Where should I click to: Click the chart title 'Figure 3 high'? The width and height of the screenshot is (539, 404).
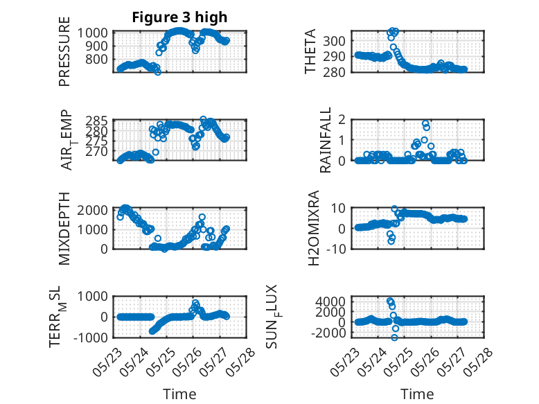pos(179,17)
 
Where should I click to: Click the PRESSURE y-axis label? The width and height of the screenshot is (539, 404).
pos(64,51)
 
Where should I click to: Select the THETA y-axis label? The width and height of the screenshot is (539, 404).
pos(310,51)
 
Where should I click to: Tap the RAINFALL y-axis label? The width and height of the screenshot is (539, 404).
pos(325,140)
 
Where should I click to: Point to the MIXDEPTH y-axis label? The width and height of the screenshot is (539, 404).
pos(64,229)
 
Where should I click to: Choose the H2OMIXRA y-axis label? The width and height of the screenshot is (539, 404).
pos(314,228)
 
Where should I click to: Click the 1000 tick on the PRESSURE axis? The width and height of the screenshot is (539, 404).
pos(92,33)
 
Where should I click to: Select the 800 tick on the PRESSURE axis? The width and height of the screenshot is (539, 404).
pos(96,59)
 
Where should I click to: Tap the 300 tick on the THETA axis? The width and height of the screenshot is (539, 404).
pos(334,41)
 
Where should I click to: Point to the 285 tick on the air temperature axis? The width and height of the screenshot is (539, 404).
pos(96,121)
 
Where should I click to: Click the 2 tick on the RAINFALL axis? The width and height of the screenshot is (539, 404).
pos(342,120)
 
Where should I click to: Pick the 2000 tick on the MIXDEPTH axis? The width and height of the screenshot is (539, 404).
pos(92,209)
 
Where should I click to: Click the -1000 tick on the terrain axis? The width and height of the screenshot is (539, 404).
pos(90,337)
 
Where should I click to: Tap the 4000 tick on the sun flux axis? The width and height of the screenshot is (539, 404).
pos(330,301)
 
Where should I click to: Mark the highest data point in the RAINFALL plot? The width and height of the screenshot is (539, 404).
pos(425,123)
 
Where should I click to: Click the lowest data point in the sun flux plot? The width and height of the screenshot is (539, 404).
pos(394,337)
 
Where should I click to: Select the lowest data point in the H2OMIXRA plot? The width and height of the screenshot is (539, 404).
pos(391,241)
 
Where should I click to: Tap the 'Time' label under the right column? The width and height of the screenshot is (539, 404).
pos(417,394)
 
